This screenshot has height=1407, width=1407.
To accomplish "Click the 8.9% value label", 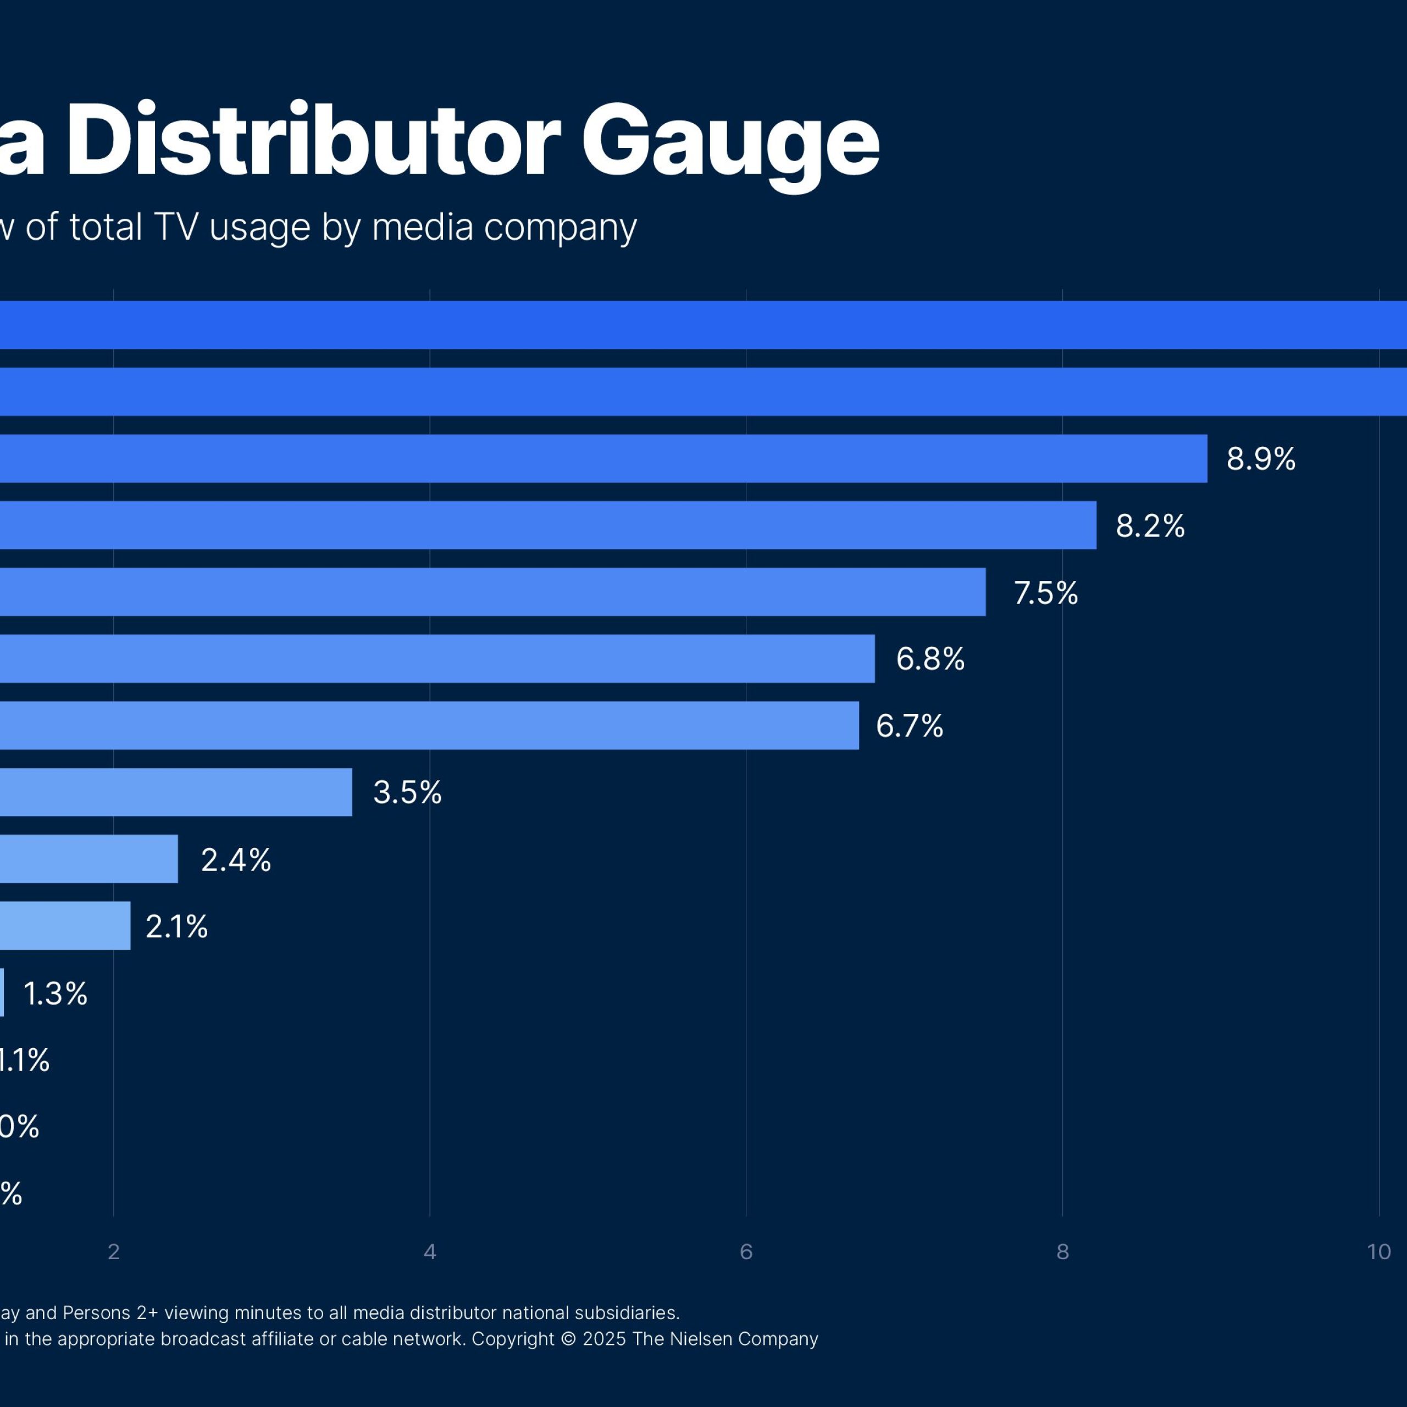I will pyautogui.click(x=1261, y=459).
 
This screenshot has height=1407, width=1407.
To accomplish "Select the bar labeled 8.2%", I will pyautogui.click(x=546, y=525).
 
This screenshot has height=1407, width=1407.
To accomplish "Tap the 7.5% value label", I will pyautogui.click(x=1045, y=593).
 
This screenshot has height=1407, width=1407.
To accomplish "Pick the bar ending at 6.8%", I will pyautogui.click(x=437, y=658).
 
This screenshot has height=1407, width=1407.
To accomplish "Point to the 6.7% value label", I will pyautogui.click(x=909, y=725).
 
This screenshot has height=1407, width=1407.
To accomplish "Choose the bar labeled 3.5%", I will pyautogui.click(x=175, y=793).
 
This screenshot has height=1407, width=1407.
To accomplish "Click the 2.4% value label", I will pyautogui.click(x=235, y=860).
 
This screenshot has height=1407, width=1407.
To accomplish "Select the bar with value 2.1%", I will pyautogui.click(x=65, y=926).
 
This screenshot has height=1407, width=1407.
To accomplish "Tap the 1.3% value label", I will pyautogui.click(x=56, y=993).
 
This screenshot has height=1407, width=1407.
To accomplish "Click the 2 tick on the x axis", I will pyautogui.click(x=114, y=1252).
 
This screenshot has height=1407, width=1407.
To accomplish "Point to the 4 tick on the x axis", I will pyautogui.click(x=430, y=1252).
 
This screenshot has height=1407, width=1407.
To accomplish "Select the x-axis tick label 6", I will pyautogui.click(x=746, y=1252).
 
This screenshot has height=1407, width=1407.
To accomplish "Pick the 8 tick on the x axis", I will pyautogui.click(x=1062, y=1252).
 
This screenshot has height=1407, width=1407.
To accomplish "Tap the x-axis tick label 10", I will pyautogui.click(x=1378, y=1252).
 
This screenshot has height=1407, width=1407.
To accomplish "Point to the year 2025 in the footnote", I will pyautogui.click(x=603, y=1339).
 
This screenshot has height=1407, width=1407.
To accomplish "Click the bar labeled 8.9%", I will pyautogui.click(x=605, y=459).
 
